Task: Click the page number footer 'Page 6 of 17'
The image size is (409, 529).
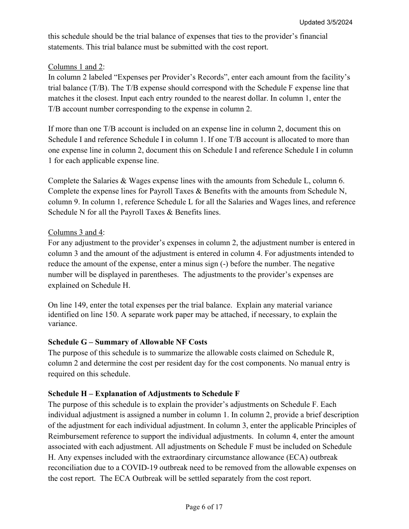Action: pyautogui.click(x=204, y=507)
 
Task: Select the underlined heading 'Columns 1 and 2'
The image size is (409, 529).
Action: pyautogui.click(x=75, y=67)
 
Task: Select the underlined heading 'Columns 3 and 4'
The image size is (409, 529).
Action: pyautogui.click(x=75, y=232)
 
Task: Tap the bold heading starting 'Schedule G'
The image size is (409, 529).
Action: pyautogui.click(x=127, y=342)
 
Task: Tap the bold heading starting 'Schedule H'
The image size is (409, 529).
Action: pyautogui.click(x=144, y=394)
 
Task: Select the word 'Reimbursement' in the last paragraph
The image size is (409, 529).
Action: pyautogui.click(x=71, y=436)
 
